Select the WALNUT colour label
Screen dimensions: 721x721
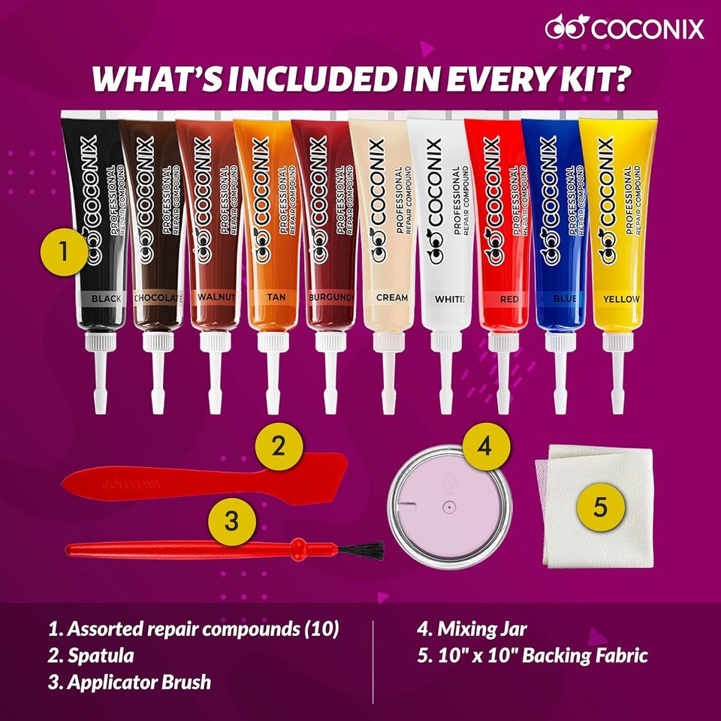216,297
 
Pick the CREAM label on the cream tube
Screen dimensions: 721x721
392,297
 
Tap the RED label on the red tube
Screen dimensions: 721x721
510,299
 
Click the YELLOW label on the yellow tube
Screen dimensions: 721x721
621,299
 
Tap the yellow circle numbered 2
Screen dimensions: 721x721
279,448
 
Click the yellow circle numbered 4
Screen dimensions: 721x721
484,448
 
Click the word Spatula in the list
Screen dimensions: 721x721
101,655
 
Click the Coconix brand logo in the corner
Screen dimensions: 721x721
625,29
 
